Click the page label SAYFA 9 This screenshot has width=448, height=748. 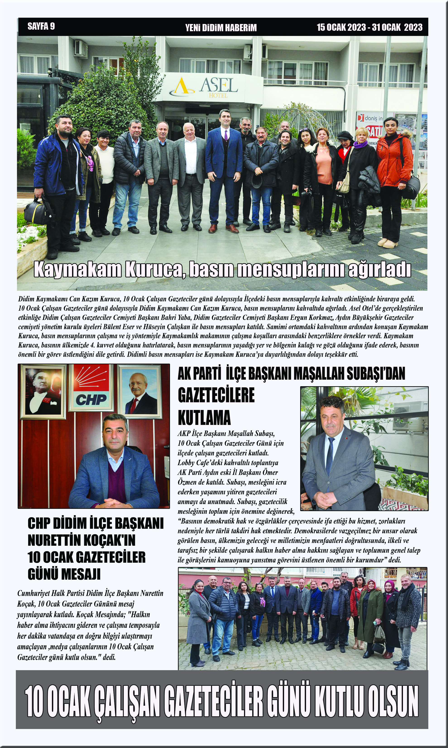click(x=41, y=26)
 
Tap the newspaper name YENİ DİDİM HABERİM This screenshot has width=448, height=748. click(x=221, y=28)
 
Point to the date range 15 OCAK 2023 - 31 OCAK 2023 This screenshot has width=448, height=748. click(x=369, y=27)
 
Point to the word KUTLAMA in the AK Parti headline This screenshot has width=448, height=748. click(x=204, y=418)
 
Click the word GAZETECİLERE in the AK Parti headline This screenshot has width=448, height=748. click(x=216, y=395)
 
